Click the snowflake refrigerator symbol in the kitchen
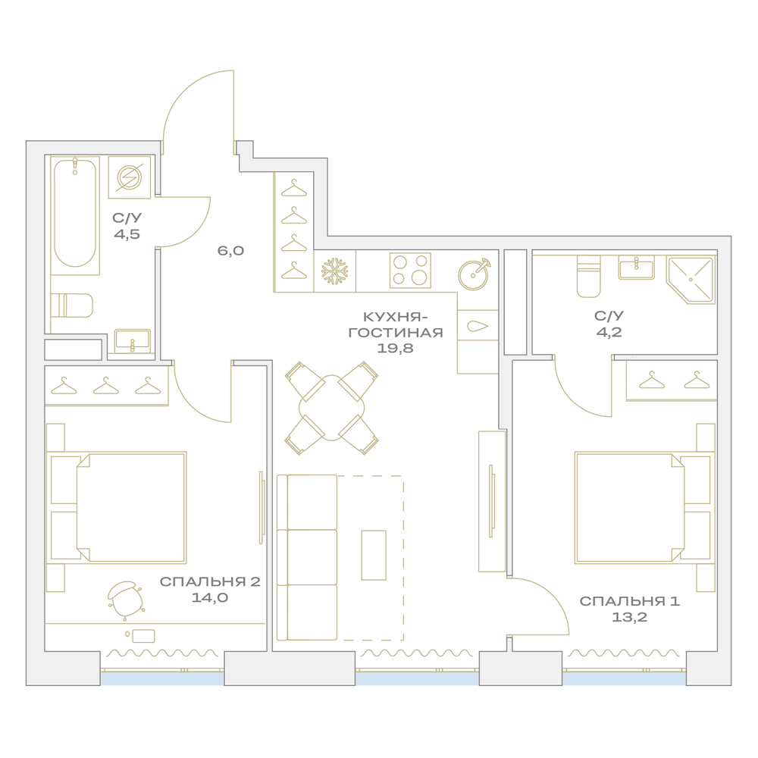click(335, 271)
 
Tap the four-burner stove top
click(410, 271)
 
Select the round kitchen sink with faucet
click(475, 274)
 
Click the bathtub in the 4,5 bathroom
click(75, 213)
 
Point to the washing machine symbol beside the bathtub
click(130, 177)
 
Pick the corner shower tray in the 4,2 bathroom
click(691, 280)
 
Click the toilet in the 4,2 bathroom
click(588, 277)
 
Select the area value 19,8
click(395, 348)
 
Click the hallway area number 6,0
click(230, 250)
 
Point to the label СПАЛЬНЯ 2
click(210, 581)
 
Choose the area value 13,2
click(629, 617)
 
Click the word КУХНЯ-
click(395, 317)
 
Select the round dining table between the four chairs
click(332, 408)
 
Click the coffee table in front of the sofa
click(374, 555)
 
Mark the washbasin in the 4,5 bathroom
click(133, 341)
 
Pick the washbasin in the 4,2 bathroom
click(636, 268)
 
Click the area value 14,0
click(210, 597)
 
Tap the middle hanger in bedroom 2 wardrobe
click(106, 386)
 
